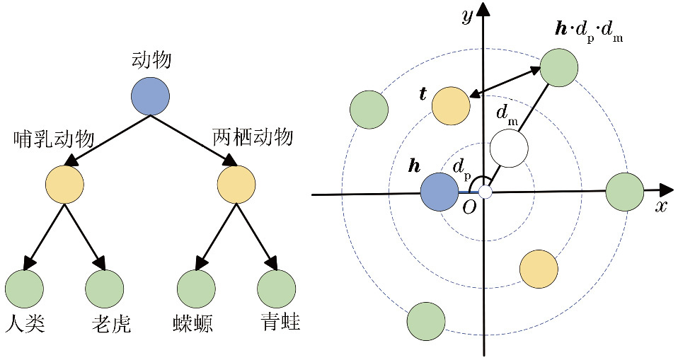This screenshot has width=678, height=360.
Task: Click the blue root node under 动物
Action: tap(150, 95)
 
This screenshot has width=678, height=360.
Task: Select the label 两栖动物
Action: tap(253, 137)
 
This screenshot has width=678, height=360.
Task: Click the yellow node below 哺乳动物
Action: tap(64, 185)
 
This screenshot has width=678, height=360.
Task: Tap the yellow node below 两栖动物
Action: tap(236, 185)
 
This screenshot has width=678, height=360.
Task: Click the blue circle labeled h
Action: tap(439, 192)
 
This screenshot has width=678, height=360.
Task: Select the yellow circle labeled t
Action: tap(451, 106)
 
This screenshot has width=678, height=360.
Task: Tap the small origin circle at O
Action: tap(485, 192)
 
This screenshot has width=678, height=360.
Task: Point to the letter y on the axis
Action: tap(467, 16)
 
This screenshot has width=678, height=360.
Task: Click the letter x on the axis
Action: tap(661, 206)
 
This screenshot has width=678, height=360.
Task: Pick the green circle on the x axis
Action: tap(625, 192)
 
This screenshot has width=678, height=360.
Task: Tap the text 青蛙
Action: tap(280, 323)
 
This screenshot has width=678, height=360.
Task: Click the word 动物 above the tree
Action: tap(151, 61)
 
